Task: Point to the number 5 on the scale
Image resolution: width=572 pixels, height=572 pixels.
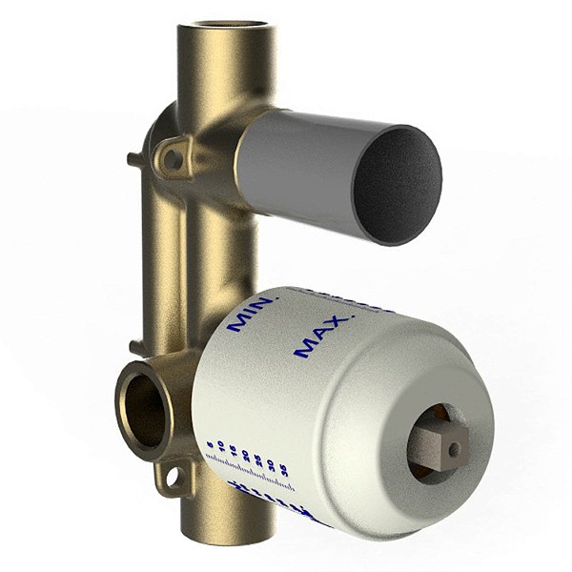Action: click(x=209, y=445)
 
